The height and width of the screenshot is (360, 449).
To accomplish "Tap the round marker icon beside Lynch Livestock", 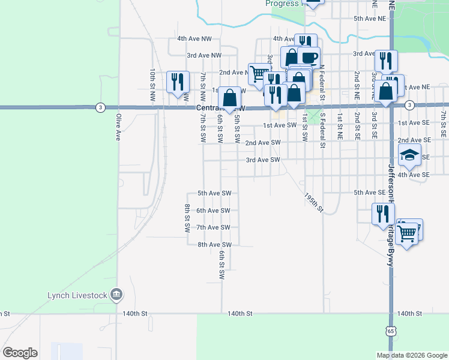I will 118,294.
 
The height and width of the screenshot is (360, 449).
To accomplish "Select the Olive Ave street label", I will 118,127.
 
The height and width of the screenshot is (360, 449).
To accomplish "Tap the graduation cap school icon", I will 409,155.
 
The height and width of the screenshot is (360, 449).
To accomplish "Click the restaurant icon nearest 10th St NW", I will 178,81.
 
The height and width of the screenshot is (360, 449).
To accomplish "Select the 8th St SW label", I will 187,218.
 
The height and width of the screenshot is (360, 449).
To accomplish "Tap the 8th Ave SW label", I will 214,245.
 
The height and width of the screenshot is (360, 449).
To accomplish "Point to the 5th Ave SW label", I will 214,193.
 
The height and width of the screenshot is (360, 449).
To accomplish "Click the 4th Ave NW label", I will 194,38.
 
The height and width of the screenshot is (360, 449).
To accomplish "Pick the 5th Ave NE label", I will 369,19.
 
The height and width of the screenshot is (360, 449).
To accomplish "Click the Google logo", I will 20,353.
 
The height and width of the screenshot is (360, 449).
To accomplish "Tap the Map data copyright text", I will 411,355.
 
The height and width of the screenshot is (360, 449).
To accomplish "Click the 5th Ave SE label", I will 369,193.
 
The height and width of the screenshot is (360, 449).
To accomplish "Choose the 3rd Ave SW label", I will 263,160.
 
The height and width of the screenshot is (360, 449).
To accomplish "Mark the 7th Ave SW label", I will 213,227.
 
